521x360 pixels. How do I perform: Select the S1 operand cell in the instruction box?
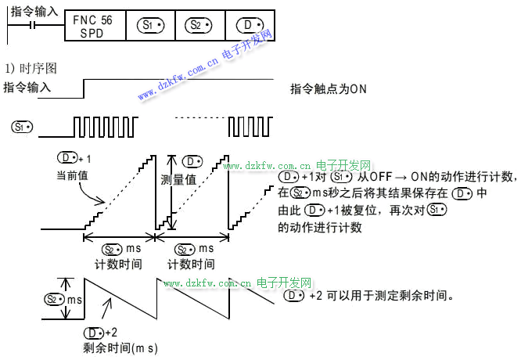pyautogui.click(x=150, y=26)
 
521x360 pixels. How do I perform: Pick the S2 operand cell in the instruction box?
pyautogui.click(x=199, y=26)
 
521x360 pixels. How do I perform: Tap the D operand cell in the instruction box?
pyautogui.click(x=250, y=26)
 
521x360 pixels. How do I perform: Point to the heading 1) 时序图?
pyautogui.click(x=31, y=69)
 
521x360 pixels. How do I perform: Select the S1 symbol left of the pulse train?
pyautogui.click(x=23, y=126)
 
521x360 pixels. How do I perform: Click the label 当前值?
pyautogui.click(x=72, y=175)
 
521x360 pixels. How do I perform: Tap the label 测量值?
pyautogui.click(x=178, y=179)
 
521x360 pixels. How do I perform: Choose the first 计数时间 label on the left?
pyautogui.click(x=118, y=264)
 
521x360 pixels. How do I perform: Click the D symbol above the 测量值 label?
pyautogui.click(x=192, y=160)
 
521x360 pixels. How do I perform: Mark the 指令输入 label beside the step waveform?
pyautogui.click(x=27, y=88)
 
